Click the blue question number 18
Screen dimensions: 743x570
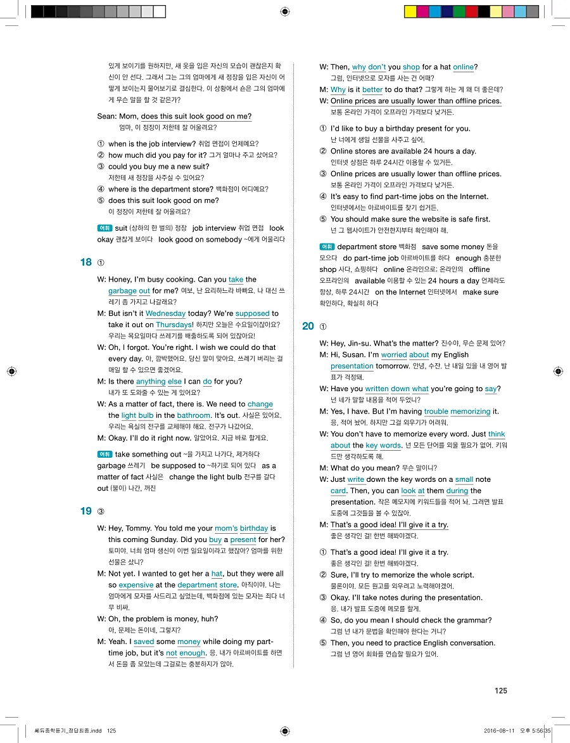86,262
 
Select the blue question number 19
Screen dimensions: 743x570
86,512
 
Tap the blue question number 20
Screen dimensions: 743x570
308,326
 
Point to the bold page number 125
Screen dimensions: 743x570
500,691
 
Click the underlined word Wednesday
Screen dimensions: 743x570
165,314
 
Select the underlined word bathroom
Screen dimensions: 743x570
193,416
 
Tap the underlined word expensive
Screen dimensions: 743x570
136,585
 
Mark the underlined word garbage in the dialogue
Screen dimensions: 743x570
122,291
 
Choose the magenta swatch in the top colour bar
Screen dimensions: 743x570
422,11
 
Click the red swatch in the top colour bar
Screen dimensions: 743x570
472,11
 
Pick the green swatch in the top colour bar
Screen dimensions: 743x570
459,11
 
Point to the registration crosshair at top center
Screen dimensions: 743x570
284,11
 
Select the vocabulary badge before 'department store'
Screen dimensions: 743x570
327,247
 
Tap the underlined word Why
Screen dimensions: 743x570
338,90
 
